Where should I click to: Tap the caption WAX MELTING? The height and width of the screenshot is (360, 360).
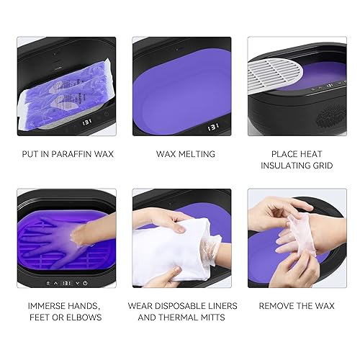point(181,153)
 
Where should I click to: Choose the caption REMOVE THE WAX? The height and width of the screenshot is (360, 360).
point(294,305)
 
